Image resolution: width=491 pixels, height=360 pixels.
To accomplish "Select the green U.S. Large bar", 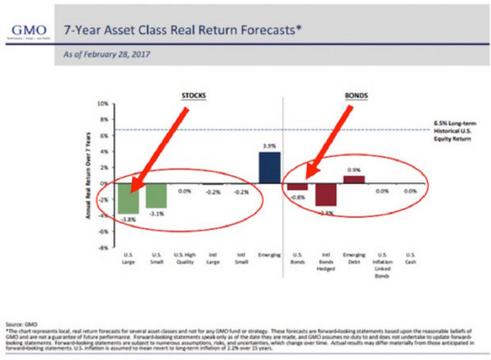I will (x=128, y=199).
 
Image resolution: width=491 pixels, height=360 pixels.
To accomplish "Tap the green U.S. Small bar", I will (x=155, y=196).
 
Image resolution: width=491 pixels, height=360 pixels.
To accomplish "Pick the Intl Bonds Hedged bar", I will (x=326, y=195).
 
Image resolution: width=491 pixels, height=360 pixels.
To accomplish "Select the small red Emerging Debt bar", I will (x=354, y=180).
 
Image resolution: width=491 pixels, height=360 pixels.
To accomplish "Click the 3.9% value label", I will (x=269, y=146).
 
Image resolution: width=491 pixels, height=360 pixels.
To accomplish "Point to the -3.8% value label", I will (x=128, y=219).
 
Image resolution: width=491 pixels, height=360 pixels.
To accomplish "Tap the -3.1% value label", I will (x=155, y=214).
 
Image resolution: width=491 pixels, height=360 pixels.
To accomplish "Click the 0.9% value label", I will (x=354, y=170).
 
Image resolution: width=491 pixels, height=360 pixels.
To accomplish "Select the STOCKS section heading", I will (x=194, y=94).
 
